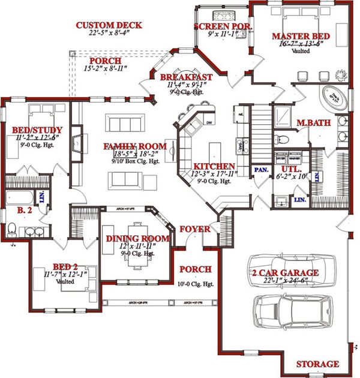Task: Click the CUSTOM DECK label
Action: pyautogui.click(x=109, y=25)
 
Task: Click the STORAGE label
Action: pyautogui.click(x=317, y=364)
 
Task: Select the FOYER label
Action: pyautogui.click(x=194, y=229)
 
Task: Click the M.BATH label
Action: pyautogui.click(x=314, y=123)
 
